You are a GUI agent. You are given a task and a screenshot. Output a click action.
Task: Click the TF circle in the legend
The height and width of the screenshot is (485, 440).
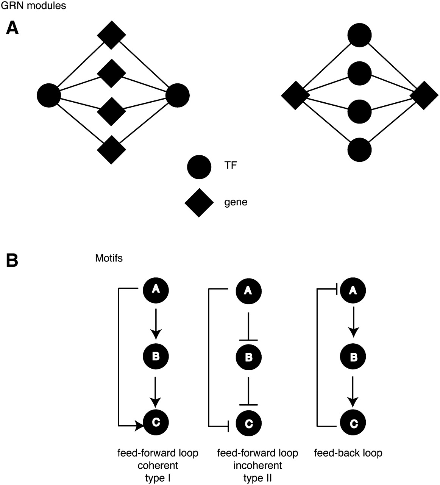[199, 167]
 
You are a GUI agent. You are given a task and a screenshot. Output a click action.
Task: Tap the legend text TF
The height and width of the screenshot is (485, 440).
[231, 166]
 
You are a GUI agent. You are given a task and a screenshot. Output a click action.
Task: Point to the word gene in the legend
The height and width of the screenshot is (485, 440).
[236, 202]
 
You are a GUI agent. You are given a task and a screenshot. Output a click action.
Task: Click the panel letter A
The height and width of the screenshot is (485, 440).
[12, 29]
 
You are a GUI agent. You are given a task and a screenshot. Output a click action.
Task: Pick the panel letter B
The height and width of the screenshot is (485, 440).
[12, 260]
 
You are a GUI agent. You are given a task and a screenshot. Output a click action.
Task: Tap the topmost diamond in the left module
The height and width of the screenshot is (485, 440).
[111, 35]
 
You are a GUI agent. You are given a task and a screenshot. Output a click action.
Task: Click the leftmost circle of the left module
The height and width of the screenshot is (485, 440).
[49, 94]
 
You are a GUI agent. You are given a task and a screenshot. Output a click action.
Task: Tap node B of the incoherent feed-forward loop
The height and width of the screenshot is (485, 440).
[248, 357]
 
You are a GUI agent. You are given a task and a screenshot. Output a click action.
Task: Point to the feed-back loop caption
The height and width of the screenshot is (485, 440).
[348, 453]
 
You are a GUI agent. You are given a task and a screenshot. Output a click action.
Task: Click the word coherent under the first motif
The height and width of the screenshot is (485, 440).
[158, 465]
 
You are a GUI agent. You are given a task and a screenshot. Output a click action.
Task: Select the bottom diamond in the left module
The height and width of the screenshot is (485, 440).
[111, 150]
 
